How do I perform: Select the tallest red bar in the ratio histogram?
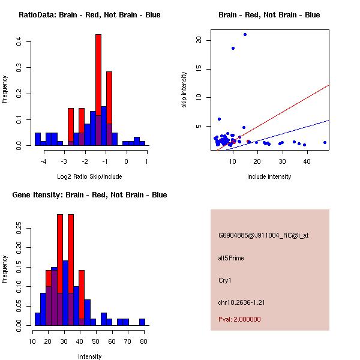pyautogui.click(x=98, y=90)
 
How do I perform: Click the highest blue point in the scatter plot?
pyautogui.click(x=245, y=34)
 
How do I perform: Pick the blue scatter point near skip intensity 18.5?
pyautogui.click(x=233, y=48)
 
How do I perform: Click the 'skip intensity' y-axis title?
pyautogui.click(x=185, y=90)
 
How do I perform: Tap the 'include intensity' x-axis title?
pyautogui.click(x=269, y=176)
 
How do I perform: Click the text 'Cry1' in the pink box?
pyautogui.click(x=225, y=280)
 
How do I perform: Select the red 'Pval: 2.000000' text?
pyautogui.click(x=239, y=319)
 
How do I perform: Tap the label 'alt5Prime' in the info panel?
pyautogui.click(x=231, y=258)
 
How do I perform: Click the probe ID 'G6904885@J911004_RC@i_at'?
pyautogui.click(x=263, y=236)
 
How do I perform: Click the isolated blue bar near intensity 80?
pyautogui.click(x=142, y=322)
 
